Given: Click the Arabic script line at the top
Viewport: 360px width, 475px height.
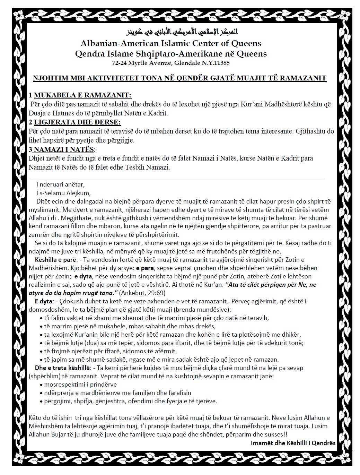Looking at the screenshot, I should click(x=180, y=33).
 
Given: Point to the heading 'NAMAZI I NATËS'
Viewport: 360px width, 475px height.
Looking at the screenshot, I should click(x=64, y=149).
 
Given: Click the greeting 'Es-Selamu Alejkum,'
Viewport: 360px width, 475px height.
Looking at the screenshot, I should click(x=63, y=193).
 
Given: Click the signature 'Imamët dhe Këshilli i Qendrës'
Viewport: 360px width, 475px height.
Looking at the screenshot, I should click(x=293, y=443).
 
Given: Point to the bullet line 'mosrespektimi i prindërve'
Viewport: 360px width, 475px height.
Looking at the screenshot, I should click(x=80, y=385).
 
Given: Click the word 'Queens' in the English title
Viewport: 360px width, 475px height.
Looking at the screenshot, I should click(x=246, y=43).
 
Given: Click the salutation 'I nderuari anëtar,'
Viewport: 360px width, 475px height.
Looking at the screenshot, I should click(x=60, y=185).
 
